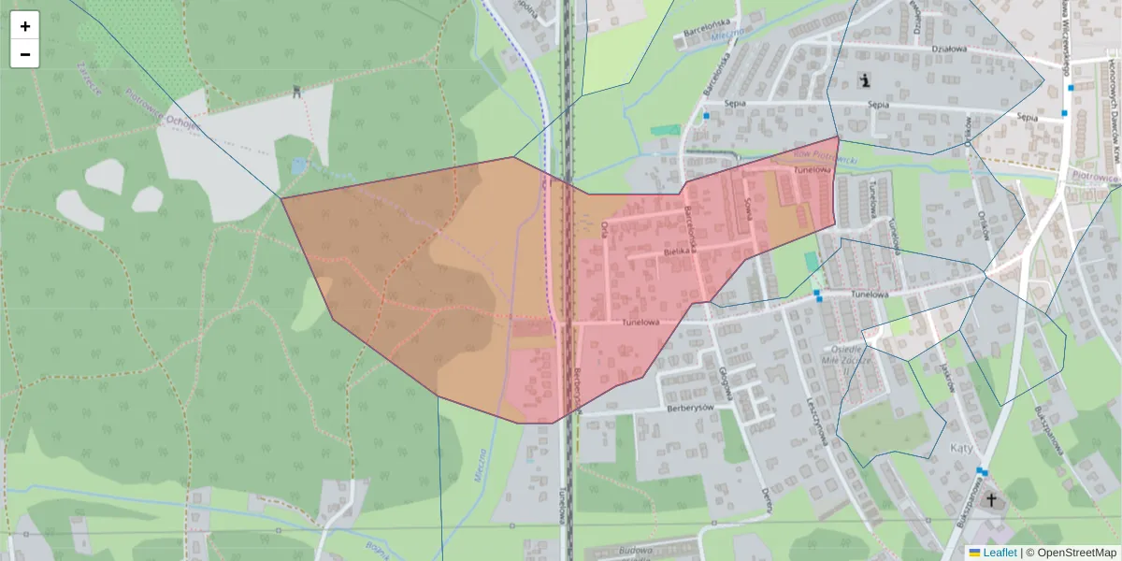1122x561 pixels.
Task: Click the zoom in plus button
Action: (x=25, y=26)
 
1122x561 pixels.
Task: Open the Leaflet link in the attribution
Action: (x=1000, y=553)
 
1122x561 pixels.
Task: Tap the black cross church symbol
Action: (x=992, y=500)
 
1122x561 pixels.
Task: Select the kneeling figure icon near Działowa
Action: (x=866, y=80)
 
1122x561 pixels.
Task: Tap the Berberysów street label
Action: (x=689, y=409)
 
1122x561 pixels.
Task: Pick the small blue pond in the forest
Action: (x=298, y=165)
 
